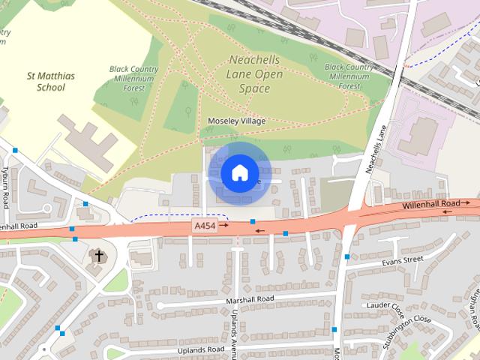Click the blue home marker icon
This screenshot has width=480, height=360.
[x=238, y=173]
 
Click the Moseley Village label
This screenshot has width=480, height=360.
[x=235, y=121]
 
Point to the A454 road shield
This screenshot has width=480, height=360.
[x=203, y=226]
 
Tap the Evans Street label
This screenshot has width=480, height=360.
[x=402, y=260]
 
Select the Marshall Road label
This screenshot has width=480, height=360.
[x=250, y=299]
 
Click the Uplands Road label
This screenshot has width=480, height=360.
[x=200, y=349]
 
